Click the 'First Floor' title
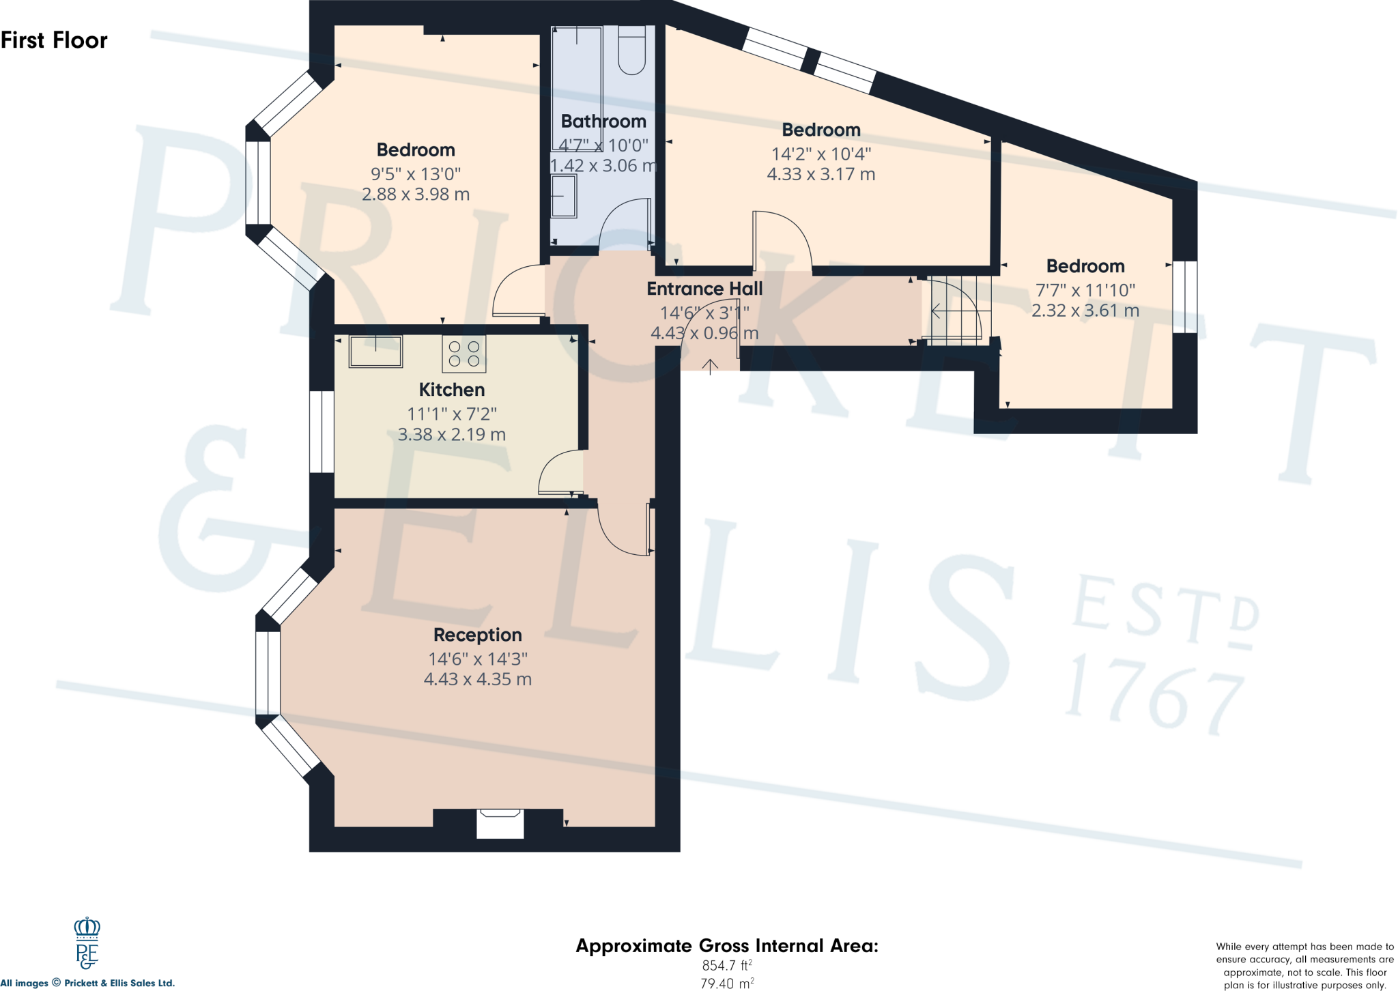(x=54, y=40)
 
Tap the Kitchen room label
(x=451, y=390)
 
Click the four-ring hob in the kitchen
(x=464, y=354)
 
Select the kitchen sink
(x=375, y=351)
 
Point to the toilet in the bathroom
(x=631, y=51)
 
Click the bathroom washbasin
(x=564, y=196)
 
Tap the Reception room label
(x=477, y=635)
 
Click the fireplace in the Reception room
(x=500, y=823)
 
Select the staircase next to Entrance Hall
(x=956, y=311)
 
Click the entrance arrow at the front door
(x=711, y=367)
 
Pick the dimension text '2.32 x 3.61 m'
(x=1085, y=311)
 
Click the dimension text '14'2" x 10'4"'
(x=821, y=154)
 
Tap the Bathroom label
(x=603, y=121)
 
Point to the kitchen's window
(x=322, y=431)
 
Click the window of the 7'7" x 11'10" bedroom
(x=1185, y=297)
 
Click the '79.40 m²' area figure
(x=727, y=983)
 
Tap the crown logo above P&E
(x=87, y=928)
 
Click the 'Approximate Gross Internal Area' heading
(x=727, y=946)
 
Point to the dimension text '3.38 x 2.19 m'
(x=451, y=434)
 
